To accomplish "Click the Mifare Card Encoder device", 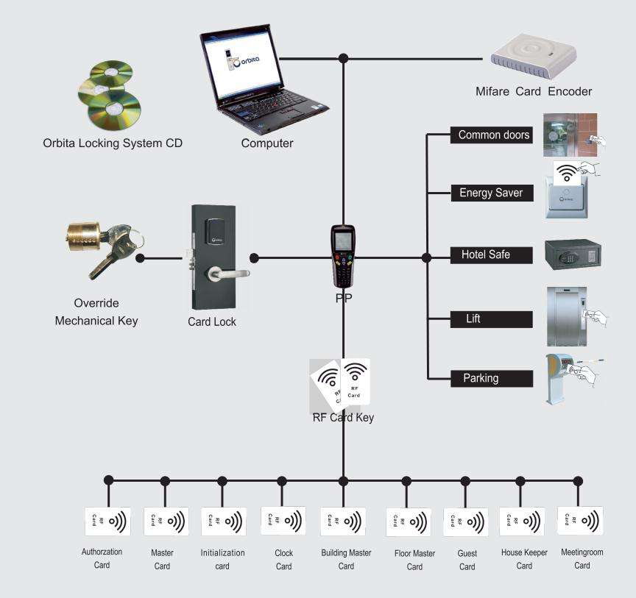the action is [534, 57].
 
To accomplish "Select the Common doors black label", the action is [491, 135].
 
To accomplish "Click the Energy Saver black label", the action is [492, 193].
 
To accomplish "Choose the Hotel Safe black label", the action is [491, 255].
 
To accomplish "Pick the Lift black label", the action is [491, 319].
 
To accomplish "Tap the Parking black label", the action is [492, 378].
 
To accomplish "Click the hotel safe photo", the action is [573, 254].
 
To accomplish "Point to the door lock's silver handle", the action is [228, 274].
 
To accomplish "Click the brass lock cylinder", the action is [84, 237].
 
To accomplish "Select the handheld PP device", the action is [343, 256].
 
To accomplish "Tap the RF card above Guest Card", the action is [466, 522].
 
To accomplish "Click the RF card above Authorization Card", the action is [107, 521].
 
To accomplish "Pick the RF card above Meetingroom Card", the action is [581, 521].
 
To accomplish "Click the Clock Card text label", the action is [283, 560].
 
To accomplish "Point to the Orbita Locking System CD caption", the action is [113, 143].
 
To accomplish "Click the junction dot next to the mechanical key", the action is [140, 258].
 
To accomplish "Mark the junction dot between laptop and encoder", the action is [343, 58].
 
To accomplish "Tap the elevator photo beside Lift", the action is [567, 316].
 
